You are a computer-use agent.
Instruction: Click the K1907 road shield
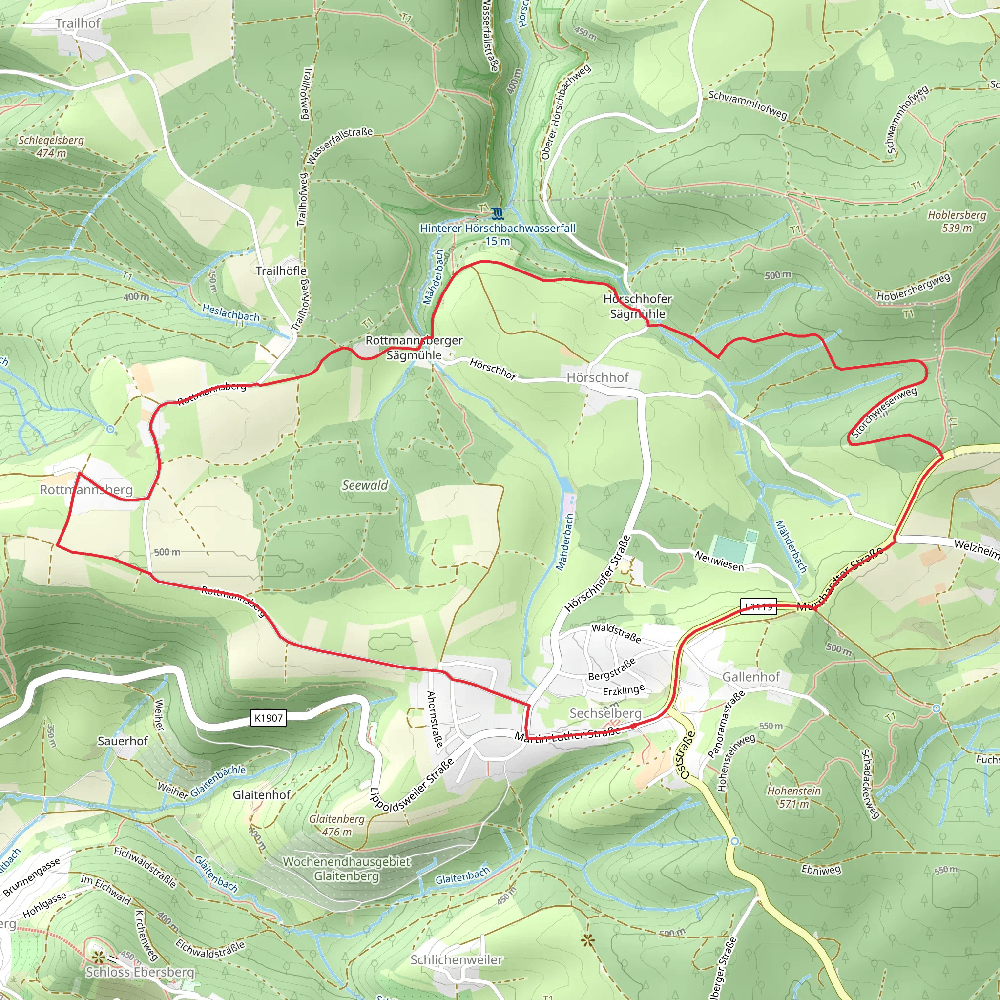pyautogui.click(x=269, y=718)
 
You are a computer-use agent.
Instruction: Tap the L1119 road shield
pyautogui.click(x=758, y=606)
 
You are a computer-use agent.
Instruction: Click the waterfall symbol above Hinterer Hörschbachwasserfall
pyautogui.click(x=497, y=213)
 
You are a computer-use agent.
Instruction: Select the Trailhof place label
pyautogui.click(x=78, y=23)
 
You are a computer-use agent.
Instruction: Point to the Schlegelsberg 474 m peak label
pyautogui.click(x=51, y=146)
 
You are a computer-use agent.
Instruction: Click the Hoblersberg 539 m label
pyautogui.click(x=957, y=221)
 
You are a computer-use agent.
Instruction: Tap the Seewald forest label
pyautogui.click(x=365, y=485)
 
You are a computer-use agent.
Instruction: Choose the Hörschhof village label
pyautogui.click(x=597, y=377)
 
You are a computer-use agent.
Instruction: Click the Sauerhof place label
pyautogui.click(x=123, y=741)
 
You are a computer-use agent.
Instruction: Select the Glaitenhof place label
pyautogui.click(x=261, y=794)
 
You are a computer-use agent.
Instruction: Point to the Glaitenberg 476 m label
pyautogui.click(x=336, y=825)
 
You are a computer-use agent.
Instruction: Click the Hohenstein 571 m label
pyautogui.click(x=793, y=797)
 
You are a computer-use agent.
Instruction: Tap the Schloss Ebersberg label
pyautogui.click(x=140, y=972)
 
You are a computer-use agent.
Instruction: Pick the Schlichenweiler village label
pyautogui.click(x=456, y=959)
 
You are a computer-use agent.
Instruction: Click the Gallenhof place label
pyautogui.click(x=751, y=677)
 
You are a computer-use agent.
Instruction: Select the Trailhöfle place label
pyautogui.click(x=281, y=271)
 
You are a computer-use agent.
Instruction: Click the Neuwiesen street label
pyautogui.click(x=719, y=561)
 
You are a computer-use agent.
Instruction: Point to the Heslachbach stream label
pyautogui.click(x=231, y=312)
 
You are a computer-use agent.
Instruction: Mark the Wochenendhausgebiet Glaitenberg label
pyautogui.click(x=346, y=869)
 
